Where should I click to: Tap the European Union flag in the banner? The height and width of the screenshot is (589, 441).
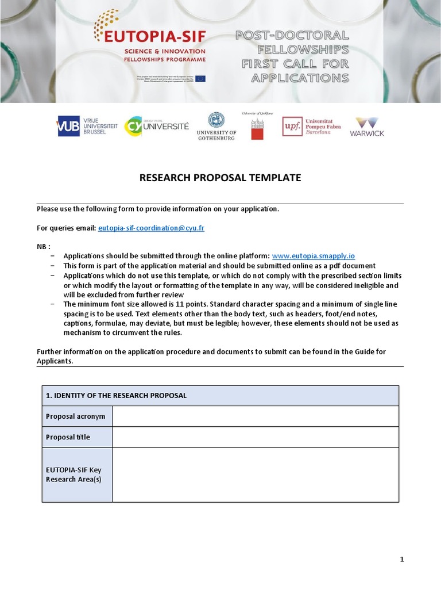pyautogui.click(x=200, y=79)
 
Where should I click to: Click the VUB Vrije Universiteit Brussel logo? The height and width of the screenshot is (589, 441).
pyautogui.click(x=87, y=127)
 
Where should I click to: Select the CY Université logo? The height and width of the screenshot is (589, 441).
pyautogui.click(x=157, y=127)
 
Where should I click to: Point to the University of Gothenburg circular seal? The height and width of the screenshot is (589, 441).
pyautogui.click(x=216, y=120)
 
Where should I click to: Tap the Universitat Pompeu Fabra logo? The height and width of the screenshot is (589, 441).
pyautogui.click(x=311, y=127)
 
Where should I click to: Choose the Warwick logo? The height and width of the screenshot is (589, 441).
pyautogui.click(x=367, y=127)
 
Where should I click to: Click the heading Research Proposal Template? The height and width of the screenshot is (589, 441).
pyautogui.click(x=220, y=178)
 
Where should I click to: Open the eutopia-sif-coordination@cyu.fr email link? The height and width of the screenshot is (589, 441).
pyautogui.click(x=151, y=228)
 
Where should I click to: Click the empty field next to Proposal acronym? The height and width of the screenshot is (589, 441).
pyautogui.click(x=255, y=416)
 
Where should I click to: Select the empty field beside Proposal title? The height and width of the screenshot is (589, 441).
pyautogui.click(x=255, y=437)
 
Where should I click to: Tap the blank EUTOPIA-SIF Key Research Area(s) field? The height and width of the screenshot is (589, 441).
pyautogui.click(x=255, y=475)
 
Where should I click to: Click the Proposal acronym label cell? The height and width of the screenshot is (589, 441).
pyautogui.click(x=76, y=416)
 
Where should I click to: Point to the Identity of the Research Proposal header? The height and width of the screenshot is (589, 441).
pyautogui.click(x=116, y=396)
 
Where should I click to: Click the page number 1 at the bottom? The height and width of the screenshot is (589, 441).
pyautogui.click(x=402, y=559)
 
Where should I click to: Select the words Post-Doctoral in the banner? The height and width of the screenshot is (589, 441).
pyautogui.click(x=292, y=36)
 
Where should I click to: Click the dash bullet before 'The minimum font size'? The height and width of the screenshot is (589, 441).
pyautogui.click(x=53, y=304)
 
